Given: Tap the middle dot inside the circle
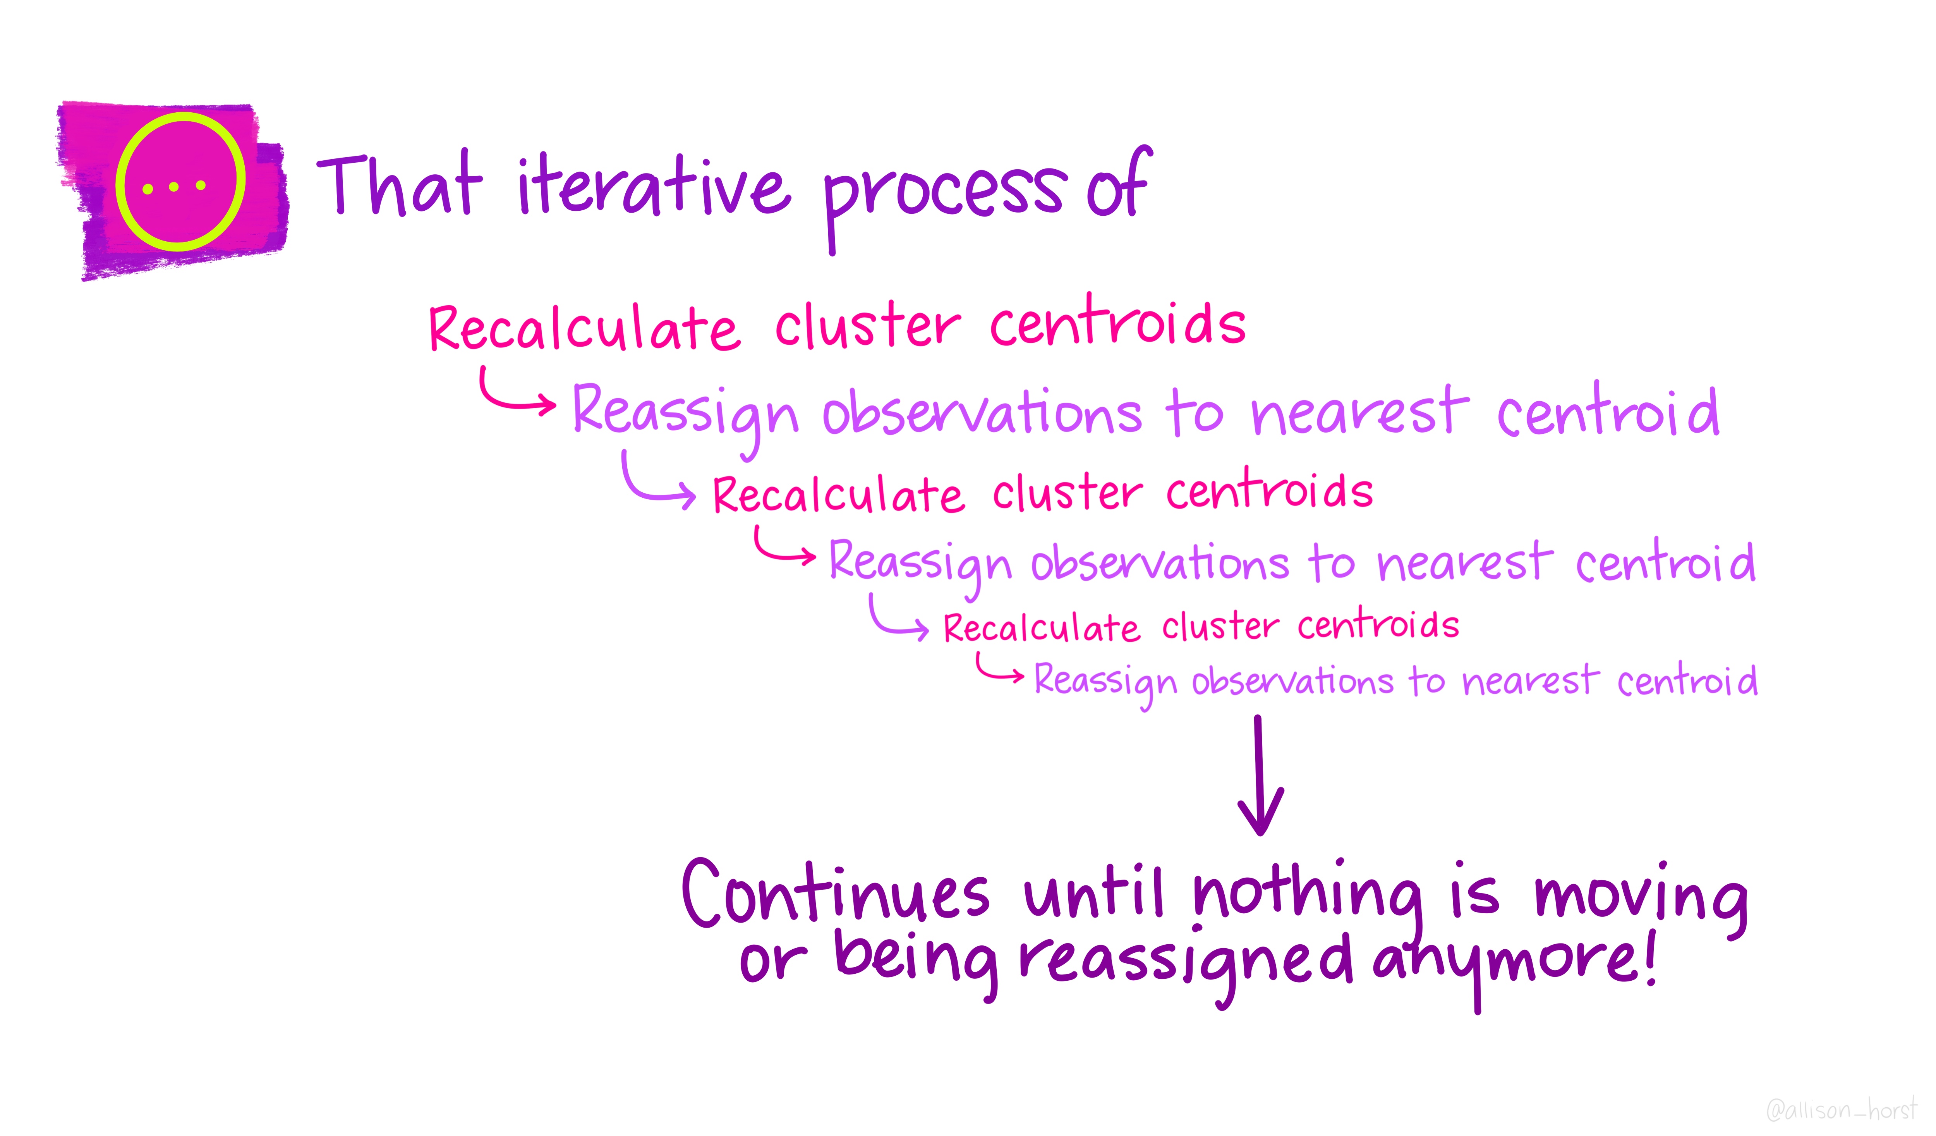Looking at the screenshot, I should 173,187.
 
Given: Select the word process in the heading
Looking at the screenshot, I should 944,196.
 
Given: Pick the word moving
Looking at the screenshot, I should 1640,899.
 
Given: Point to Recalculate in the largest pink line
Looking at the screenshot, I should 584,329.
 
